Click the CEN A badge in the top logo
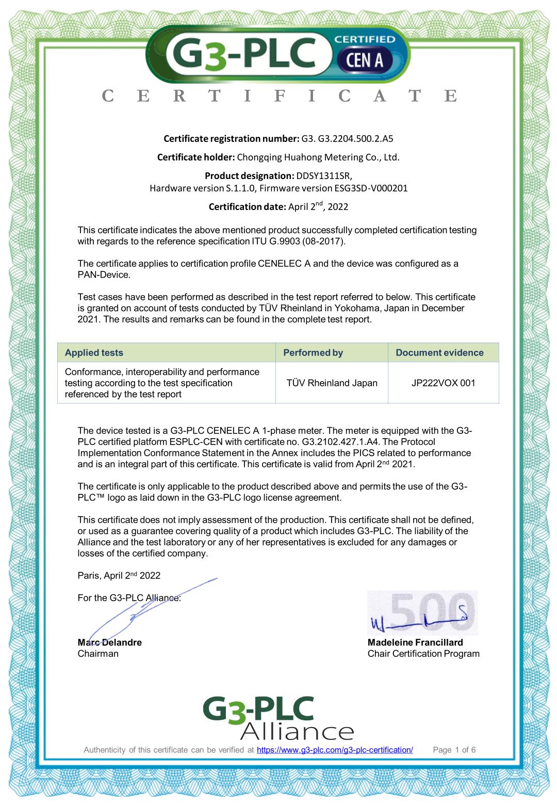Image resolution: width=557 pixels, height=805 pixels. click(365, 60)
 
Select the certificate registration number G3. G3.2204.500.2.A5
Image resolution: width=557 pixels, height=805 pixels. click(347, 138)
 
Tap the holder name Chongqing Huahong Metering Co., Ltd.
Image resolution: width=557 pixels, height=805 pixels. click(318, 157)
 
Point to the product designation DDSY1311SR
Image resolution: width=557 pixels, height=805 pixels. click(324, 175)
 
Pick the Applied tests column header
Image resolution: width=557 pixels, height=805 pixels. click(94, 352)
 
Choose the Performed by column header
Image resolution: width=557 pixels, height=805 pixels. click(313, 352)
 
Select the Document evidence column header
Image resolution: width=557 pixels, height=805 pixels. click(439, 352)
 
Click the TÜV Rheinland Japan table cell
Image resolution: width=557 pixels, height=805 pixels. click(332, 383)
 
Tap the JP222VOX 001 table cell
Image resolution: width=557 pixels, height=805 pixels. click(443, 383)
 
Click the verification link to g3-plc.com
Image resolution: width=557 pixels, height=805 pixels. click(335, 750)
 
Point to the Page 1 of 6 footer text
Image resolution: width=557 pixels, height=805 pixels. click(454, 750)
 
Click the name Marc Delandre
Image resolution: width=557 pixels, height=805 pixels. click(109, 642)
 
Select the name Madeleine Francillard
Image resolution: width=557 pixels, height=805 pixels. click(415, 642)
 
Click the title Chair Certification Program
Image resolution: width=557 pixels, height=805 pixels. click(423, 654)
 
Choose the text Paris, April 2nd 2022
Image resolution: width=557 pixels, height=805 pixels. click(119, 576)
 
